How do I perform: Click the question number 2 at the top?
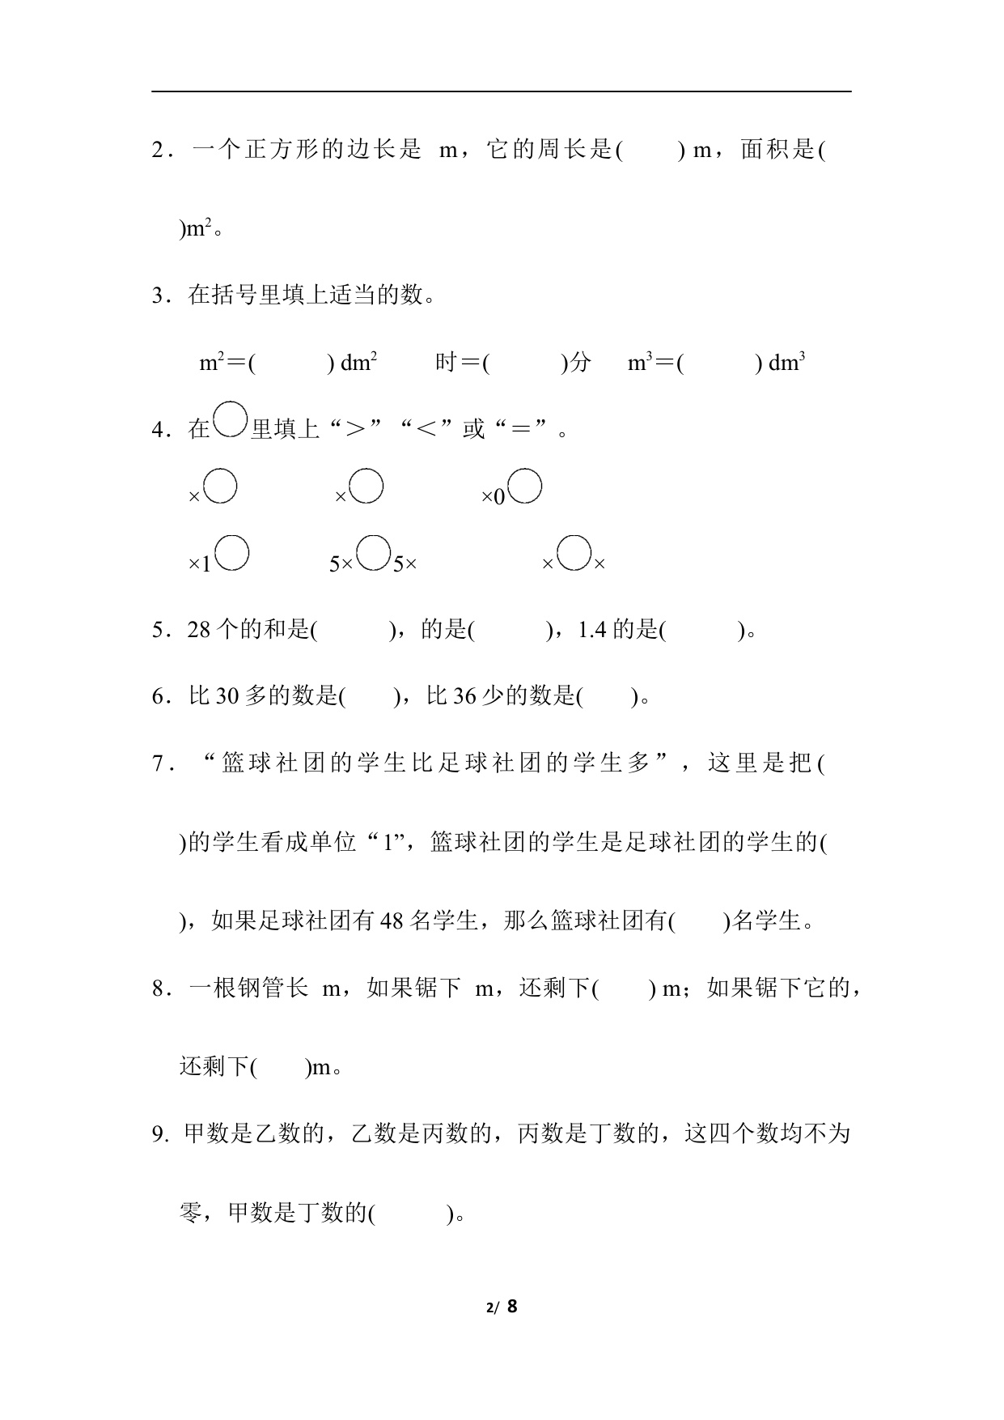[x=158, y=151]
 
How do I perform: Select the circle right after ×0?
[x=525, y=487]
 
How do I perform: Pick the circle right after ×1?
[x=231, y=554]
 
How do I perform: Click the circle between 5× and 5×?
[x=373, y=554]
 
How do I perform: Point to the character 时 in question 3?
[x=446, y=363]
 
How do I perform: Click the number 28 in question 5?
[x=199, y=630]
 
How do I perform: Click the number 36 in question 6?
[x=464, y=696]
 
